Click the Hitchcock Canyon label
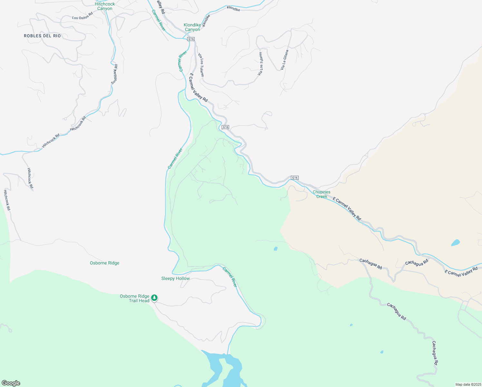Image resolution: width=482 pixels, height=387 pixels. [105, 6]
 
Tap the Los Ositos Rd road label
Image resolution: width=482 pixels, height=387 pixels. [82, 16]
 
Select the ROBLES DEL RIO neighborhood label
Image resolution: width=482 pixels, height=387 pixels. [42, 36]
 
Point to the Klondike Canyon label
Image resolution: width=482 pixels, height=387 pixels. [192, 27]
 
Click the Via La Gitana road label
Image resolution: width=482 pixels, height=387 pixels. [284, 60]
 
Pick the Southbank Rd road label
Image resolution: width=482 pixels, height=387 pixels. [114, 74]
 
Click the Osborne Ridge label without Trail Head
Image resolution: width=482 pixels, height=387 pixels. [105, 263]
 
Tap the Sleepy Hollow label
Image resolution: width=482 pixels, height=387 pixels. [176, 279]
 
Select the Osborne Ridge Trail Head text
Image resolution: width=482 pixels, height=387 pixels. [135, 298]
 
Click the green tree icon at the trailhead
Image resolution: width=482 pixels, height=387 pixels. [154, 297]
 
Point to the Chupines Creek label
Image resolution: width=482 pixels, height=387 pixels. [322, 194]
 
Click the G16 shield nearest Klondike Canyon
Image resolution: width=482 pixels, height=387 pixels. [191, 39]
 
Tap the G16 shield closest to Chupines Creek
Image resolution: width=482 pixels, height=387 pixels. [294, 178]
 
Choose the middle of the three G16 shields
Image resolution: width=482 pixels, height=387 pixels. [225, 127]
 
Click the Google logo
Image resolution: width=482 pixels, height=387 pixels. [11, 383]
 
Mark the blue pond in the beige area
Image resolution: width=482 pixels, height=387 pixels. [455, 242]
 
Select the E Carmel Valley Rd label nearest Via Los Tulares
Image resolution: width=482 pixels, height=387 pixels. [198, 88]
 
